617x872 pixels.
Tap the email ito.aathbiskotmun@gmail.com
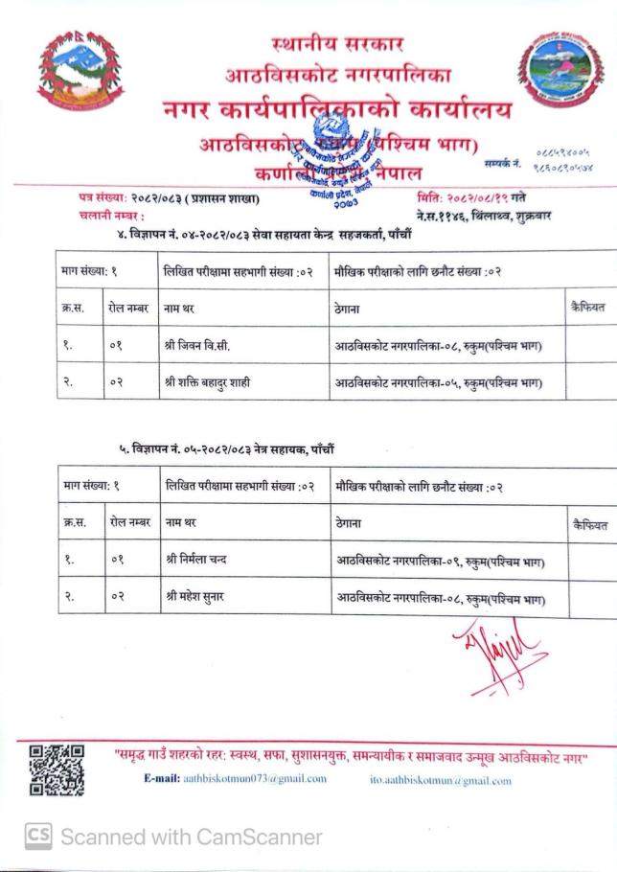coord(441,780)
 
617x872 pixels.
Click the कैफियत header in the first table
coord(588,307)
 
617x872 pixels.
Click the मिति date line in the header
coord(478,198)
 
